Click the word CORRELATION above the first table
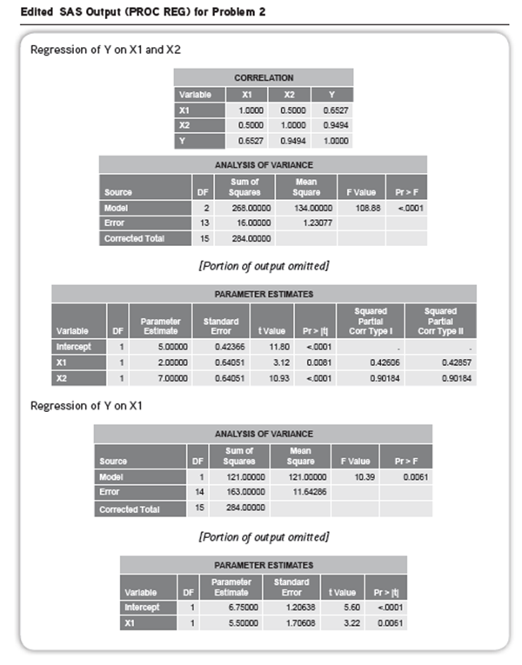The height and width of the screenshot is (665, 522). [264, 78]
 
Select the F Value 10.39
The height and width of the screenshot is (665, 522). [354, 477]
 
